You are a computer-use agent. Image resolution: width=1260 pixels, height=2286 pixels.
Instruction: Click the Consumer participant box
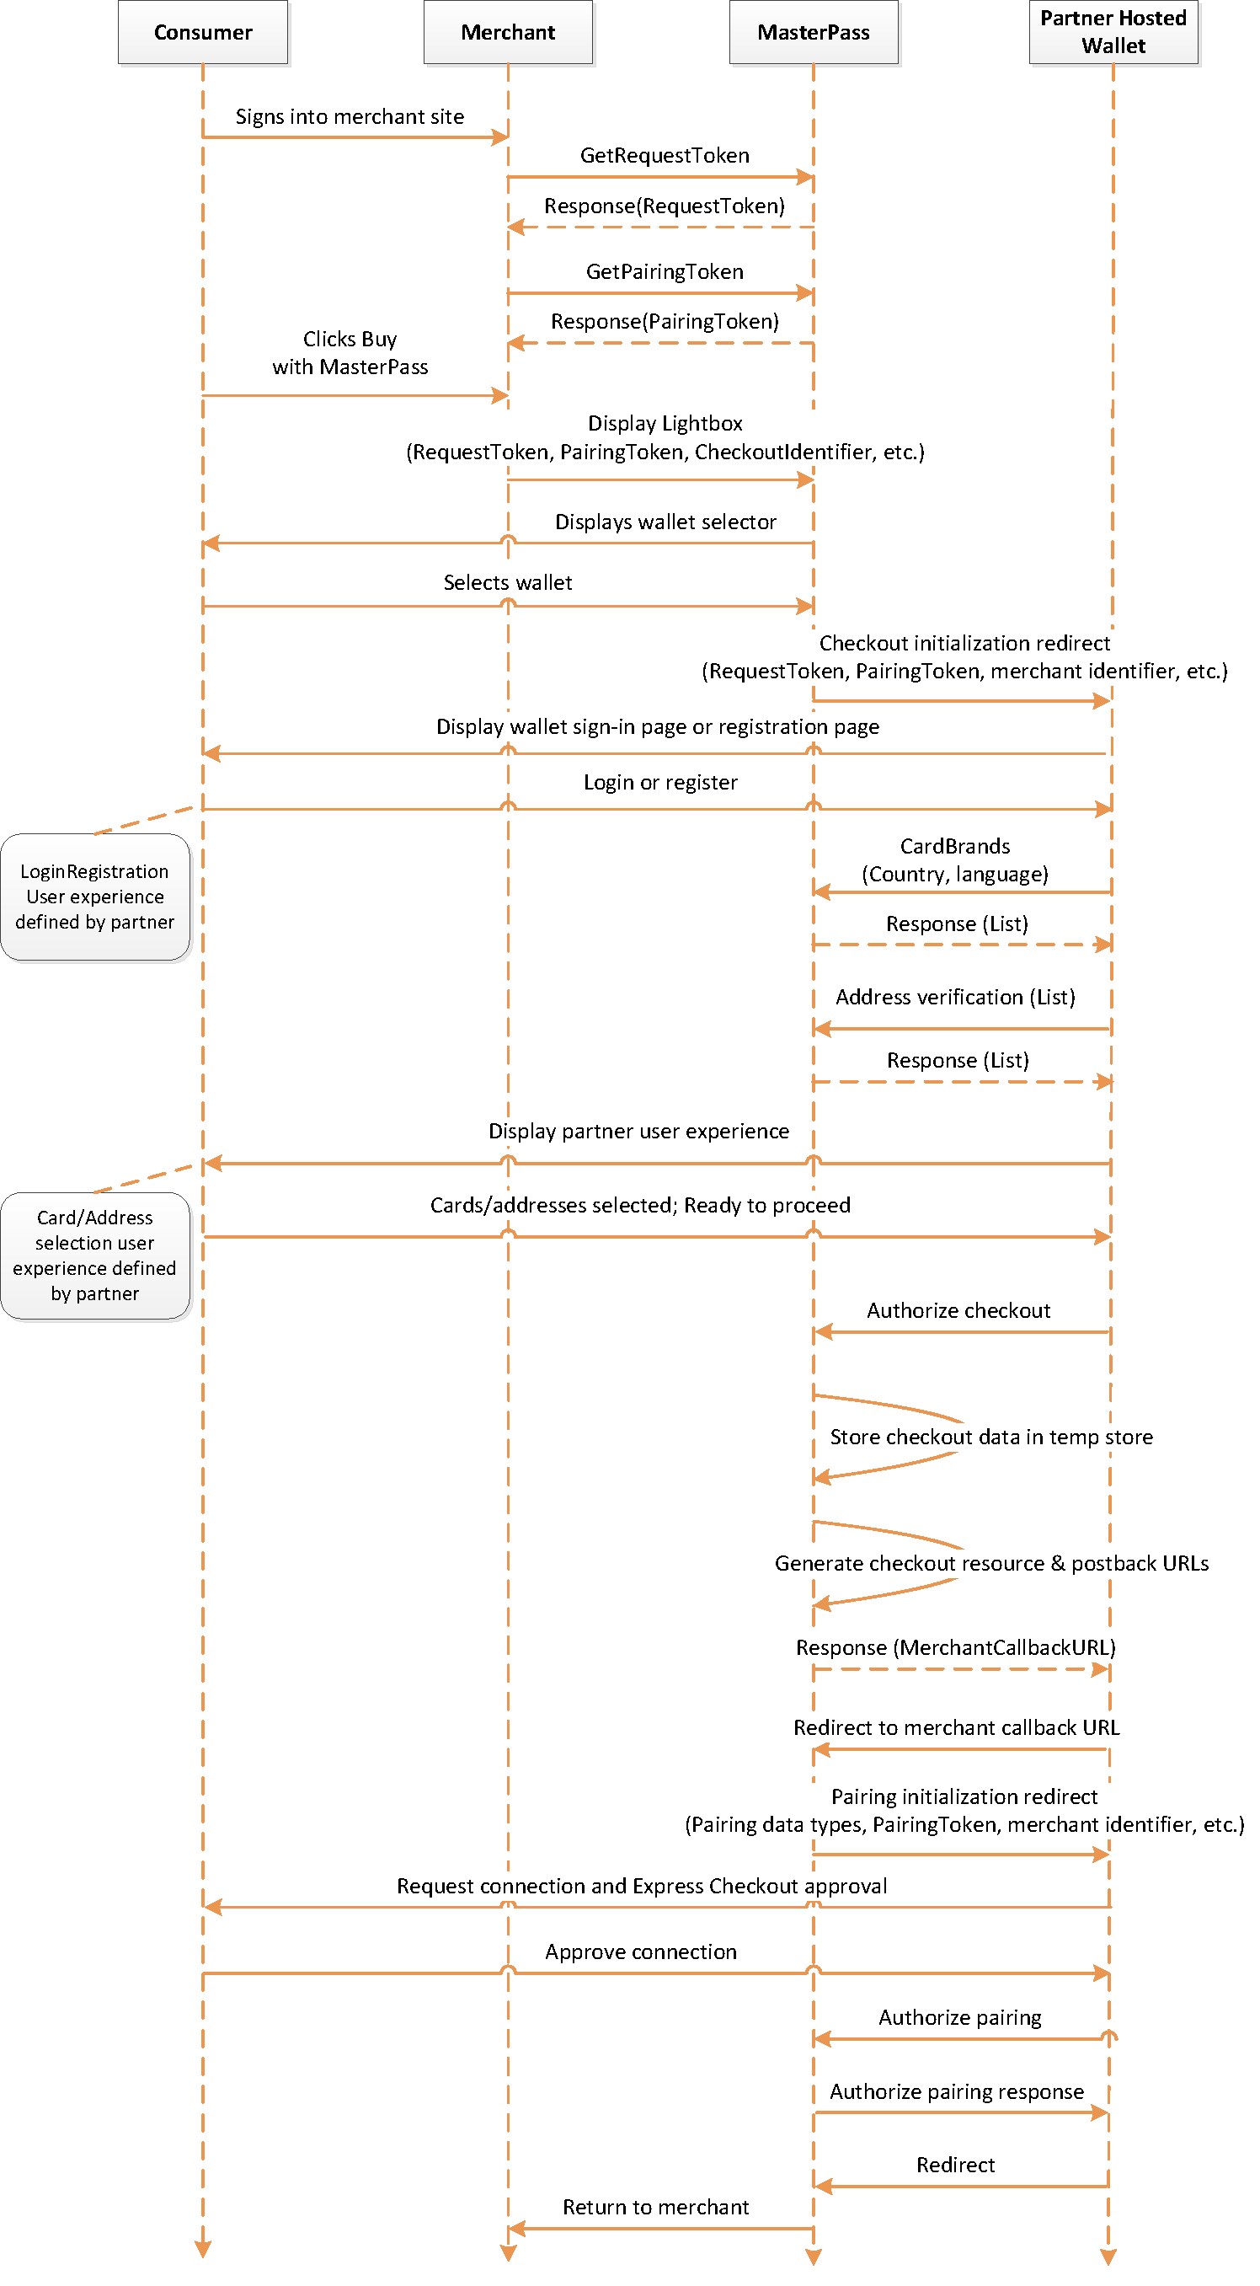[x=203, y=32]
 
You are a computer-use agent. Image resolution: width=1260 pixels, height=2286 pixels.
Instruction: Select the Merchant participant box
[x=509, y=32]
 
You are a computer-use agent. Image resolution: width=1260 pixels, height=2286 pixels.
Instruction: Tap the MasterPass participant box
[x=814, y=32]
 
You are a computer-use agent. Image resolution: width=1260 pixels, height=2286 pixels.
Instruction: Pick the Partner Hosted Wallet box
[x=1113, y=32]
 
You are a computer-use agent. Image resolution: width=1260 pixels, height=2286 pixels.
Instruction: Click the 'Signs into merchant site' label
[x=350, y=116]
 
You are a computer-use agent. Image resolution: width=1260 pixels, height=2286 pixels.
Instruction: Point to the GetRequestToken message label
[x=665, y=155]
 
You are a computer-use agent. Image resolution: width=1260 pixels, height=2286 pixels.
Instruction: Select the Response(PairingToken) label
[x=665, y=321]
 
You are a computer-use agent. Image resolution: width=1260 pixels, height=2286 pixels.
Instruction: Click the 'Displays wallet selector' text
[x=665, y=522]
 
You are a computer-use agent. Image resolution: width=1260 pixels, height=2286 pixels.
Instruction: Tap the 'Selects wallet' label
[x=508, y=582]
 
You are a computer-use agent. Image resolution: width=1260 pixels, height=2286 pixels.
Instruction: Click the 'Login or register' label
[x=660, y=782]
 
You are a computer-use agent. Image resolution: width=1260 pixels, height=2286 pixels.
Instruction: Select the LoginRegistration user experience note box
[x=95, y=897]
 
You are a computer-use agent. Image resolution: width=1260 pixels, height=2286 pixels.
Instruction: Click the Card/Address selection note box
[x=95, y=1255]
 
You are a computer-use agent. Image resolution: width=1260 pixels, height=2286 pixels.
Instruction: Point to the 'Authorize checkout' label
[x=958, y=1311]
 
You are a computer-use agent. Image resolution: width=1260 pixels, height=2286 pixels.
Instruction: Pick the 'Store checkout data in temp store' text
[x=991, y=1437]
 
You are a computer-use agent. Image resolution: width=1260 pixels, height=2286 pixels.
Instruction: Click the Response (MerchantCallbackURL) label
[x=956, y=1648]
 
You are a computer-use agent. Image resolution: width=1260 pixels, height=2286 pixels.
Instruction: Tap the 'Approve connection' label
[x=641, y=1952]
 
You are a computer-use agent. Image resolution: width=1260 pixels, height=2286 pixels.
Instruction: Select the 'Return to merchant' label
[x=656, y=2207]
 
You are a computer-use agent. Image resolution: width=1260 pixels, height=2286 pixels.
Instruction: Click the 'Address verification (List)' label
[x=955, y=998]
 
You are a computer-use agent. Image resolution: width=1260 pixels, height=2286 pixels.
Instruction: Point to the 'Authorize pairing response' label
[x=957, y=2091]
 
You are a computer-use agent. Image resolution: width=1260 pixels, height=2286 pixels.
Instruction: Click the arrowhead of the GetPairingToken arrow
[x=806, y=293]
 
